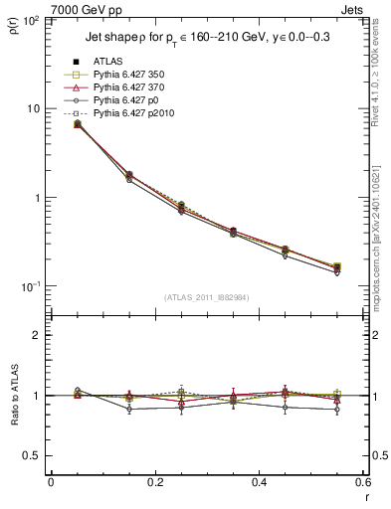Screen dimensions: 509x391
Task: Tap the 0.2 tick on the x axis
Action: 154,482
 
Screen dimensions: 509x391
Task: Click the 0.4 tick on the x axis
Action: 259,482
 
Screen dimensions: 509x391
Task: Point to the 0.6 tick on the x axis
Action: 361,482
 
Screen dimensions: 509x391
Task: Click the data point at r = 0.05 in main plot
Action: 78,124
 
